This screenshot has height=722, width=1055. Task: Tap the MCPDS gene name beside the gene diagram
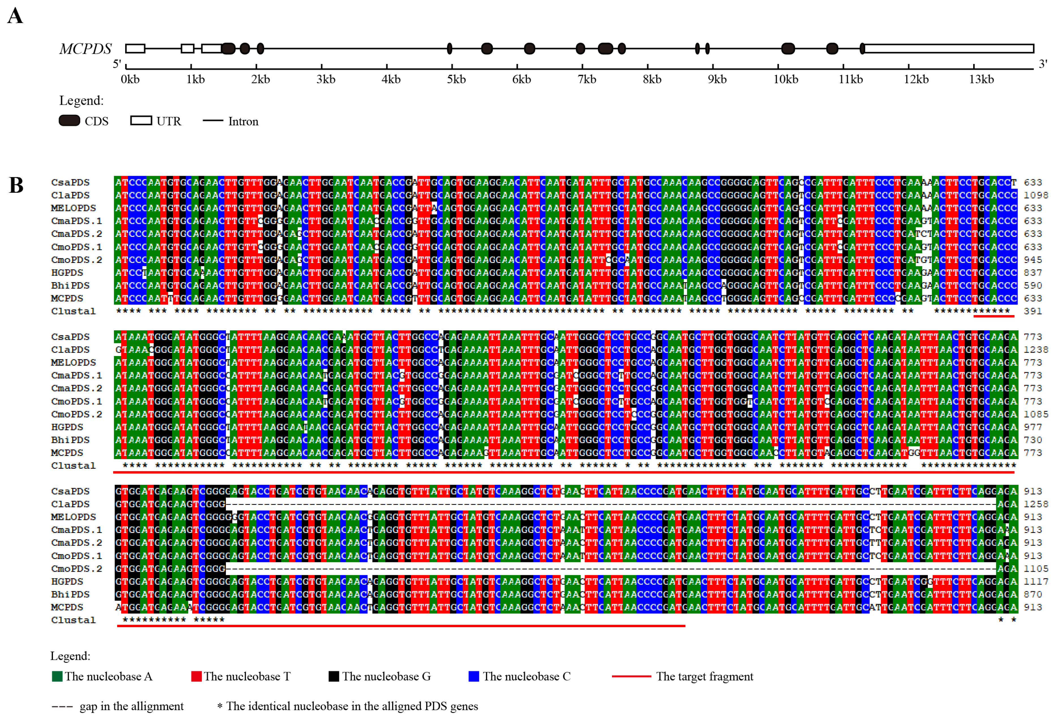(x=85, y=49)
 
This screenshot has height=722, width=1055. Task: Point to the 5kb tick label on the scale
(x=456, y=80)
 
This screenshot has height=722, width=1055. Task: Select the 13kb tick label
(x=981, y=80)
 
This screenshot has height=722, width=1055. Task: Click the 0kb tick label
(x=130, y=80)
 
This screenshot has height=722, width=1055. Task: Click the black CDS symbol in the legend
(x=69, y=121)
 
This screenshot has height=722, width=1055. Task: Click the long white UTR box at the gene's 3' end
(x=949, y=49)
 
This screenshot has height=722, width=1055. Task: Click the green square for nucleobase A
(x=57, y=676)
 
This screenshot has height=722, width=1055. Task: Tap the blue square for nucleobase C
(x=474, y=676)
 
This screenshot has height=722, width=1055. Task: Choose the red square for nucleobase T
(x=196, y=676)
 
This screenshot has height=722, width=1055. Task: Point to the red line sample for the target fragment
(x=631, y=676)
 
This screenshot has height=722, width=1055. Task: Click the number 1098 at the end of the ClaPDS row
(x=1035, y=195)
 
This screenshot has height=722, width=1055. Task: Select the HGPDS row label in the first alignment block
(x=67, y=273)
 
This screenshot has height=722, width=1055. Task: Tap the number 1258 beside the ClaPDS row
(x=1035, y=504)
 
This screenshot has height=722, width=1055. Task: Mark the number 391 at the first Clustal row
(x=1032, y=311)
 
